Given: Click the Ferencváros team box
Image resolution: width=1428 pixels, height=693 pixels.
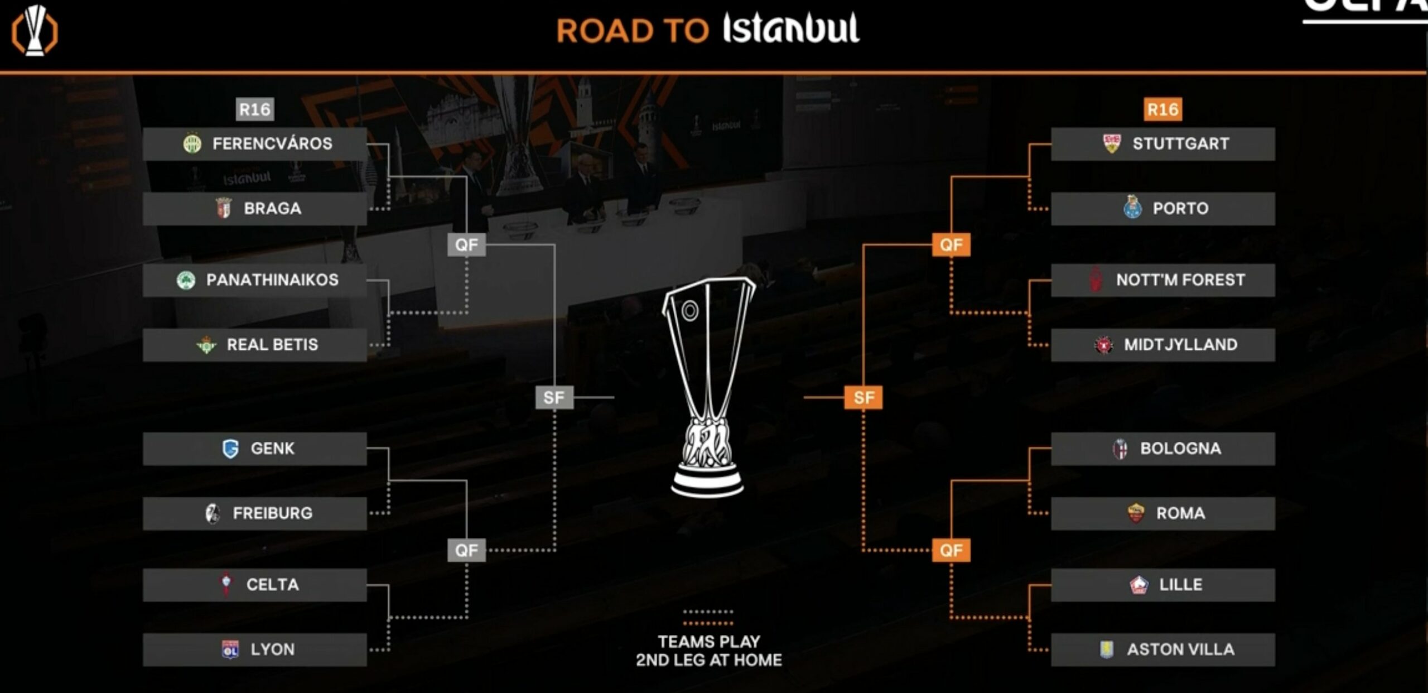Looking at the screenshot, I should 254,144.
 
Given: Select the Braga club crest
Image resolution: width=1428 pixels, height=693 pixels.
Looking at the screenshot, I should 224,208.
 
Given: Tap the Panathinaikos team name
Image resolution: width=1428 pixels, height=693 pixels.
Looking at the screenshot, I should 272,280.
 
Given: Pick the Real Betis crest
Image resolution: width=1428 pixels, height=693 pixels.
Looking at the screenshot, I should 206,345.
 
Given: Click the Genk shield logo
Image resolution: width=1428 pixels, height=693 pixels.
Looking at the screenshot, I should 230,449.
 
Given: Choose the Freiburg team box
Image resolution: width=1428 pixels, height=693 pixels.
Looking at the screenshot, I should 254,513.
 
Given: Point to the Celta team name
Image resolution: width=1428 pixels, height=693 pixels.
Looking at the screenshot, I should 272,585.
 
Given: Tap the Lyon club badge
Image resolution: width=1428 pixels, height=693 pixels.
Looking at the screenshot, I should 230,649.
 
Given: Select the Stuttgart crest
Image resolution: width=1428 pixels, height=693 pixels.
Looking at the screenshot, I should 1112,143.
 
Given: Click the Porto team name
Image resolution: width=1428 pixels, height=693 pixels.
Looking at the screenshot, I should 1180,209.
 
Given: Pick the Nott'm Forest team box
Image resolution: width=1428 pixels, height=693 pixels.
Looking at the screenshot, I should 1162,280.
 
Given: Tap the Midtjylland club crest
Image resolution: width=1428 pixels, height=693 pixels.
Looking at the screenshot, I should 1103,345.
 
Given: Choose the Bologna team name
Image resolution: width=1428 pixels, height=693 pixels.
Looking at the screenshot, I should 1180,449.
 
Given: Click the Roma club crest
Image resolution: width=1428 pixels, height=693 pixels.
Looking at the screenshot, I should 1136,513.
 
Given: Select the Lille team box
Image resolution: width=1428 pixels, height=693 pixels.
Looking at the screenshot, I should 1162,585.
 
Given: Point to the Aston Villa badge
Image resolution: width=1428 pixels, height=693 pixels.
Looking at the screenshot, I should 1107,649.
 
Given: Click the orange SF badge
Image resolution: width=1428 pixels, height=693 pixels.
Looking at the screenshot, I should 863,398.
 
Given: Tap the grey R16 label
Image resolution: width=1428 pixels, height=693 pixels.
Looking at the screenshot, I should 255,109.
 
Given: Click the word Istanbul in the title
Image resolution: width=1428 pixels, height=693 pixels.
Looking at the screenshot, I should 791,29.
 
